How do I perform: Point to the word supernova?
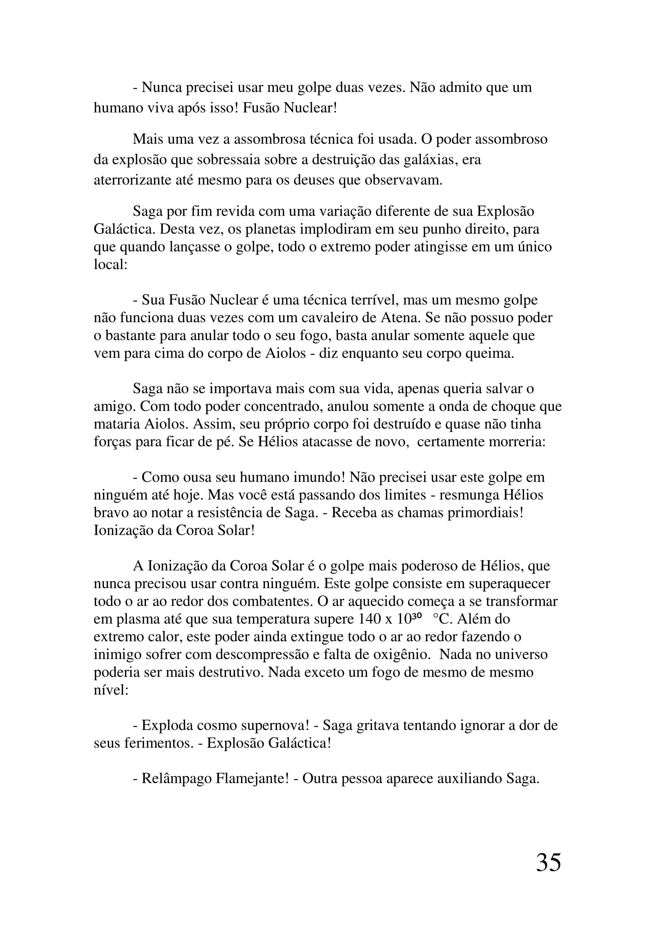tap(275, 726)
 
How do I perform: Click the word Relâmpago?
tap(175, 778)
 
